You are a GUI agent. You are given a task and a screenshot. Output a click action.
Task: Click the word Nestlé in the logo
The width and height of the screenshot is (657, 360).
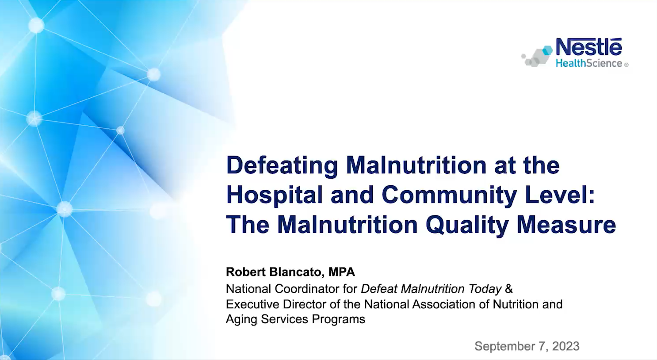(x=588, y=46)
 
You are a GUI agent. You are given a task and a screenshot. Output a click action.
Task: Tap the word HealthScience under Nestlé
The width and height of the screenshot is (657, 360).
(x=589, y=63)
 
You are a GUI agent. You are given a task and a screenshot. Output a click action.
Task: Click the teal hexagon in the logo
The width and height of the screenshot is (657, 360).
(x=547, y=50)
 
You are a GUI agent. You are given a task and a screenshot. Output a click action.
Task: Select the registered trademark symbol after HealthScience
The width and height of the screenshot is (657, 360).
(x=626, y=65)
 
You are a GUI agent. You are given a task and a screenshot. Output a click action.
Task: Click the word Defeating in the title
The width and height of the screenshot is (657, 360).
(x=282, y=166)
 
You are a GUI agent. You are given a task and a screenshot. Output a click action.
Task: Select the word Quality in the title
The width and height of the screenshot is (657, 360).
(x=467, y=226)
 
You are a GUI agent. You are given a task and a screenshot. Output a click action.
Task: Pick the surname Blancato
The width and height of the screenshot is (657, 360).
(x=297, y=272)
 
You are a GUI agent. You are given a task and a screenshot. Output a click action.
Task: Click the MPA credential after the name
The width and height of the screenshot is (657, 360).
(x=342, y=272)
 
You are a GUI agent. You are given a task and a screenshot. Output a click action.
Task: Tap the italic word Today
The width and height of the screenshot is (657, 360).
(x=485, y=289)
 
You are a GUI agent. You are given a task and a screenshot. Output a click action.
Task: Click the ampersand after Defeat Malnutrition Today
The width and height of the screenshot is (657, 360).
(x=509, y=289)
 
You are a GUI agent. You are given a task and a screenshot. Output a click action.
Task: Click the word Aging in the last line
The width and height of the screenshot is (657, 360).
(x=242, y=319)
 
